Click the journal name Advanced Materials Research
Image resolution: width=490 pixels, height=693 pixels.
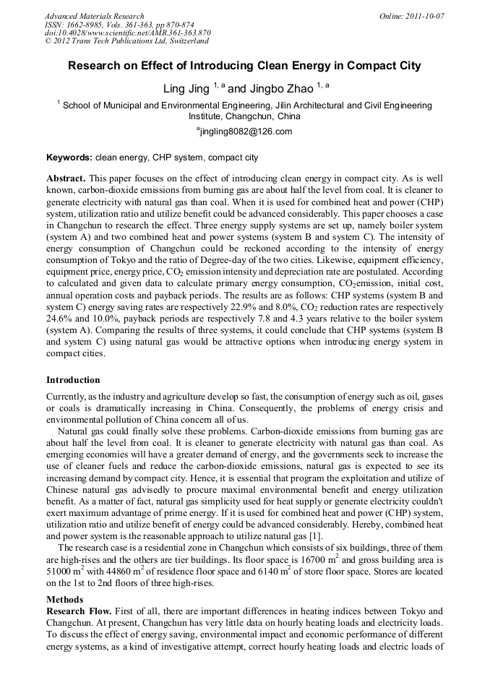94,16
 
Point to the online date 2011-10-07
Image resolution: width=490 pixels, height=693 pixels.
424,16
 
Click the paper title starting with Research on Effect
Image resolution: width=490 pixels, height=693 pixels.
244,66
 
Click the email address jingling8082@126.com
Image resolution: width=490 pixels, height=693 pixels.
245,132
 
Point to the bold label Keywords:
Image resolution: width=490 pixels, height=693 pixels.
69,158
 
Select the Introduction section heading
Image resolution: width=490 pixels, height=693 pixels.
73,380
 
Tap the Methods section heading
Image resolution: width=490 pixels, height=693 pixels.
64,600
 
